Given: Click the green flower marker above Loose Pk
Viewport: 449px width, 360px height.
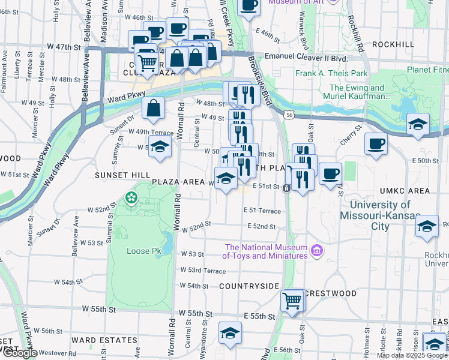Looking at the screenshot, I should (130, 197).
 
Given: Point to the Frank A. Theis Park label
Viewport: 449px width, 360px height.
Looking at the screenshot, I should (331, 74).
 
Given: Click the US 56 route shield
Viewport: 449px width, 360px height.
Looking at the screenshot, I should (289, 115).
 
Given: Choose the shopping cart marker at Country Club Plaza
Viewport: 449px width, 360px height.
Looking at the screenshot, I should (146, 61).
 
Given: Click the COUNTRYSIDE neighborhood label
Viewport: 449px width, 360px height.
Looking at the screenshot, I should (249, 286).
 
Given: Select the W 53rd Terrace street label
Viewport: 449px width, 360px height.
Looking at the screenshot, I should (203, 271).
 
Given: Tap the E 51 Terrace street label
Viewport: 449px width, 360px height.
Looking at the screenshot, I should (262, 211).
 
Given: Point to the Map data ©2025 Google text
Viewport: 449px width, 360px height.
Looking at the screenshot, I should (412, 355).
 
